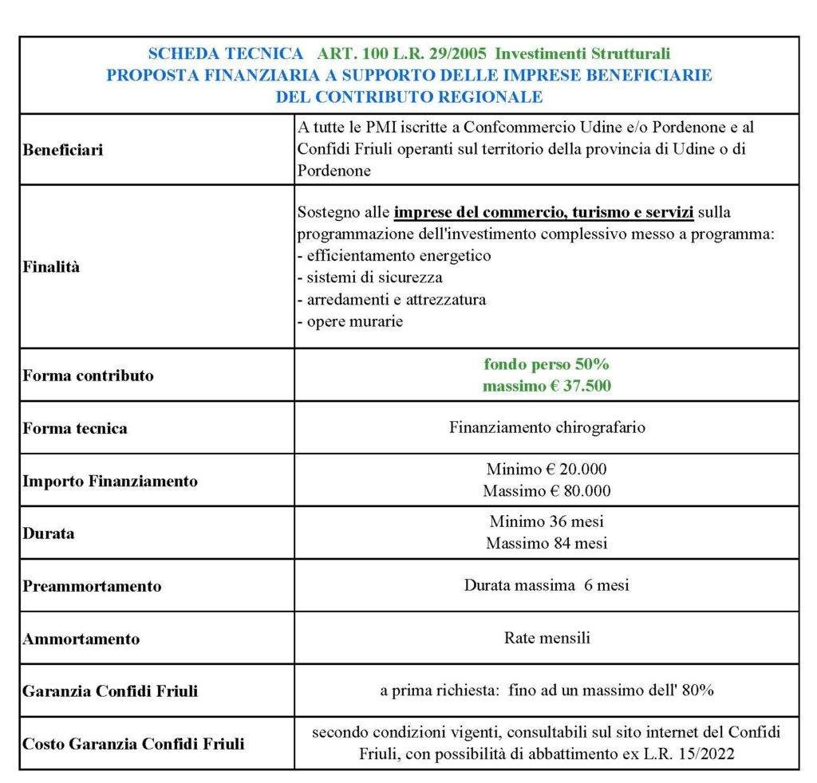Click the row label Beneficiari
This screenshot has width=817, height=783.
coord(63,150)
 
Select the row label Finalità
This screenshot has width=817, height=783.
coord(51,267)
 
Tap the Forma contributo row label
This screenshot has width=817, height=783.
coord(88,376)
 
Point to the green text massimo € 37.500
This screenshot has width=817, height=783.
coord(547,386)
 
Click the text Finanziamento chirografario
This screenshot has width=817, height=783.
coord(547,427)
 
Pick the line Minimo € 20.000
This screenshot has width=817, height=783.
coord(547,470)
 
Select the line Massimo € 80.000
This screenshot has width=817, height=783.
coord(547,490)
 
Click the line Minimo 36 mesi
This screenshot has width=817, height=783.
coord(547,522)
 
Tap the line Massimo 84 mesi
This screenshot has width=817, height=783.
coord(547,543)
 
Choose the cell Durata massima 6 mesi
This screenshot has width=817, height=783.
coord(547,585)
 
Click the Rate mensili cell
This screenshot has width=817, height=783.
coord(547,638)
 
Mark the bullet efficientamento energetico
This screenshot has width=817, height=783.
coord(397,256)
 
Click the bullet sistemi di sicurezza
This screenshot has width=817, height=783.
coord(373,278)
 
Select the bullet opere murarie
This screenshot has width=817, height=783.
coord(353,322)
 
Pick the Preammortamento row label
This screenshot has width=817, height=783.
coord(92,586)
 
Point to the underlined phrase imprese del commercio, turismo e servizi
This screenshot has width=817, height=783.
coord(543,213)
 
